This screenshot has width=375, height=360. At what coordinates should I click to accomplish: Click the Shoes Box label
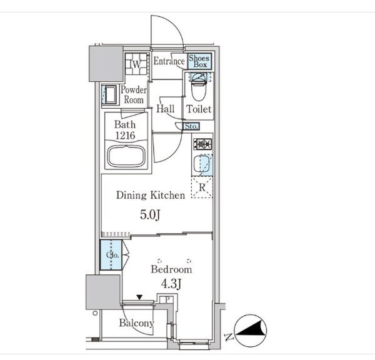coord(199,61)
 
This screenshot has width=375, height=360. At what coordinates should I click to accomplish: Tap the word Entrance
coord(169,61)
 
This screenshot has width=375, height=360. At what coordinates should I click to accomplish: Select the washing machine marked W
coord(136,64)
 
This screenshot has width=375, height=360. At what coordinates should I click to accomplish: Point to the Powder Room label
coord(134,95)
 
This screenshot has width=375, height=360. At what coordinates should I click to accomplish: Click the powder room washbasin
coord(109,95)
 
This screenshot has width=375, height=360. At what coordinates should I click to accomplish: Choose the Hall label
coord(165,109)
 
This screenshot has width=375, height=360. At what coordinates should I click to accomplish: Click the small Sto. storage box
coord(191,126)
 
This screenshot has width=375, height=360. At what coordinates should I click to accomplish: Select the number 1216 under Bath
coord(126,136)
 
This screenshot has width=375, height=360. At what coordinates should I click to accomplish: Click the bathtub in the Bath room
coord(126,156)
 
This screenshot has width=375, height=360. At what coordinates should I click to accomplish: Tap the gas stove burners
coord(202,144)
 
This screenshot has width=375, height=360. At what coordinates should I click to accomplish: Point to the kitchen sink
coord(202,164)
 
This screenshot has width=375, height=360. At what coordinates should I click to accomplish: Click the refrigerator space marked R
coord(202,187)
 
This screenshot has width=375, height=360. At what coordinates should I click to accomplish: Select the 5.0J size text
coord(150,215)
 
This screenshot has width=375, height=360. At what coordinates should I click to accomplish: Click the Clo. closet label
coord(112,255)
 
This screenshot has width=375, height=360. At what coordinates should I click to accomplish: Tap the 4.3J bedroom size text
coord(171,284)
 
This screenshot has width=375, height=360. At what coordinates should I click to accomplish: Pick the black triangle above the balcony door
coord(139,297)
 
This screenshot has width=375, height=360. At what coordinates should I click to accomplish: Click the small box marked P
coord(167,299)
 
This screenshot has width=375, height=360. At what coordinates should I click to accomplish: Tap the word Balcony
coord(137,323)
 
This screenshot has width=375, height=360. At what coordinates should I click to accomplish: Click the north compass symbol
coord(250,331)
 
